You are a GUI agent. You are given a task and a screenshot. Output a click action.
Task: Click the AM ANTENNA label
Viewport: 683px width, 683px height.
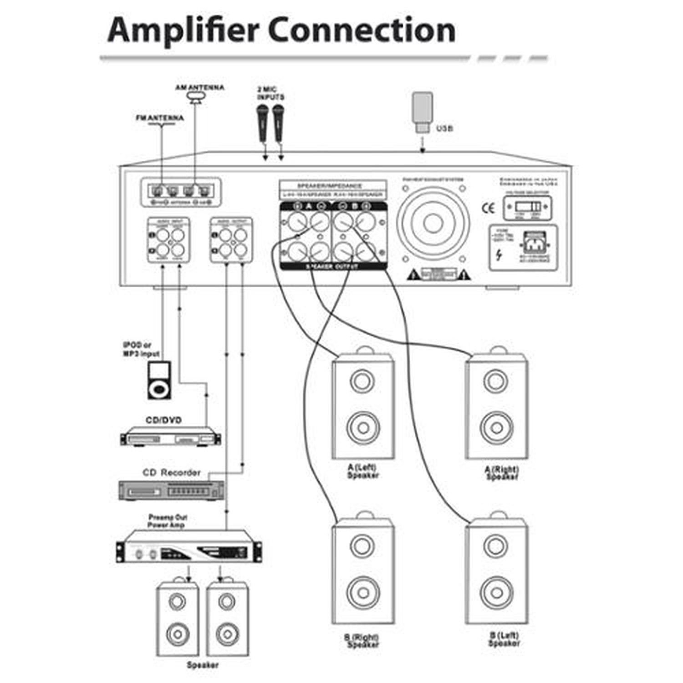click(200, 87)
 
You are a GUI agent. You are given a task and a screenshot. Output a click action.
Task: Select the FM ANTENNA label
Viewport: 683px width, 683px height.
click(160, 118)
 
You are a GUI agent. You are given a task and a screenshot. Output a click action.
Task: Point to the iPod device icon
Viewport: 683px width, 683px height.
click(159, 380)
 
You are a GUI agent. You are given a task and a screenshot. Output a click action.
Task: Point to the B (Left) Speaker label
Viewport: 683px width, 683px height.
click(504, 639)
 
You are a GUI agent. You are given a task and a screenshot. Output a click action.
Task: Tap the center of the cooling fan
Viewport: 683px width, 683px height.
click(432, 223)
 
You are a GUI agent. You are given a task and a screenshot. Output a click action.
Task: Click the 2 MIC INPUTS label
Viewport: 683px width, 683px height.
click(270, 94)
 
